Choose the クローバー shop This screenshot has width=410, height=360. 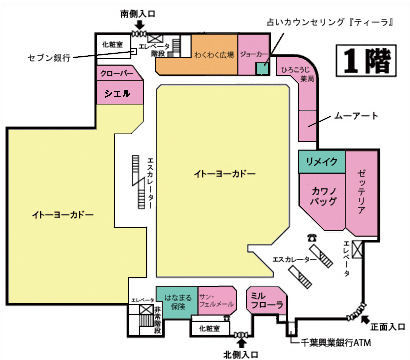pos(119,74)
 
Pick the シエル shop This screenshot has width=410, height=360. pos(119,92)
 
